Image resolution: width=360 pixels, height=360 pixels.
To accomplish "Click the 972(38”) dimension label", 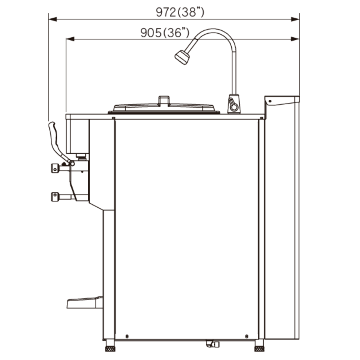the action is click(x=180, y=12).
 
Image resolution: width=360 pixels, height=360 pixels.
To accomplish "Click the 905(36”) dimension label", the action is click(x=165, y=33).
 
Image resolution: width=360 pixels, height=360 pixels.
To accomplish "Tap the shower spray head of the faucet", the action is click(x=182, y=57).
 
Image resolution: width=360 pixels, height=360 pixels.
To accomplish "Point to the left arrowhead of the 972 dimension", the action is click(x=53, y=19).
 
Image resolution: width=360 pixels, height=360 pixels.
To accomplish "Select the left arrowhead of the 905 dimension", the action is click(x=70, y=39).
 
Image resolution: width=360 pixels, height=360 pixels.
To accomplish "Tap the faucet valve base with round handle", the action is click(x=234, y=104).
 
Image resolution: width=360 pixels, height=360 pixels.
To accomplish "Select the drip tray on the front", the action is click(x=85, y=302).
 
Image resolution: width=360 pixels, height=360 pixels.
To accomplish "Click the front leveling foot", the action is click(x=110, y=346).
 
